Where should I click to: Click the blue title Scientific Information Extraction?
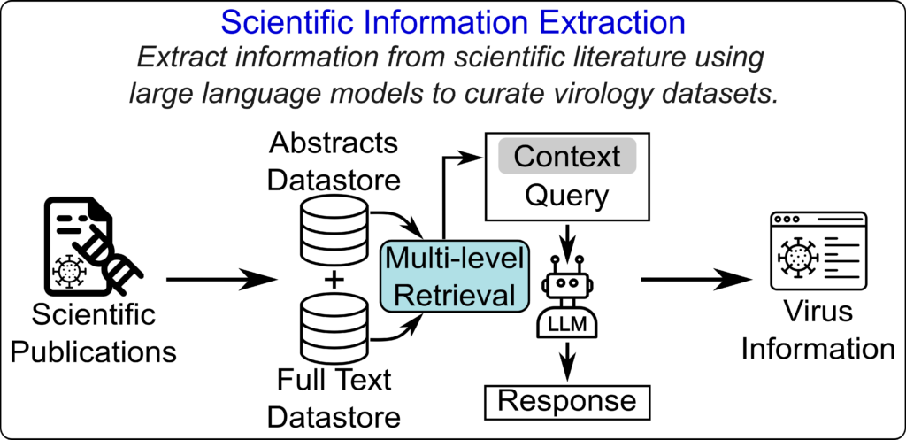452,23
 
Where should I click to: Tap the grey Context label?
566,156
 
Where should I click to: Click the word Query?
566,196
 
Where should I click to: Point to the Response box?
567,400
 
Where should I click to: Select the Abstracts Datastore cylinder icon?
334,228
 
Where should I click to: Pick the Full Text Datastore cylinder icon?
334,326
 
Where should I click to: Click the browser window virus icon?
819,251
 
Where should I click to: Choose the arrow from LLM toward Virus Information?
697,281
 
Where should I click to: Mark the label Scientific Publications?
93,332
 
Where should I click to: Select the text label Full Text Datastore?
334,398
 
